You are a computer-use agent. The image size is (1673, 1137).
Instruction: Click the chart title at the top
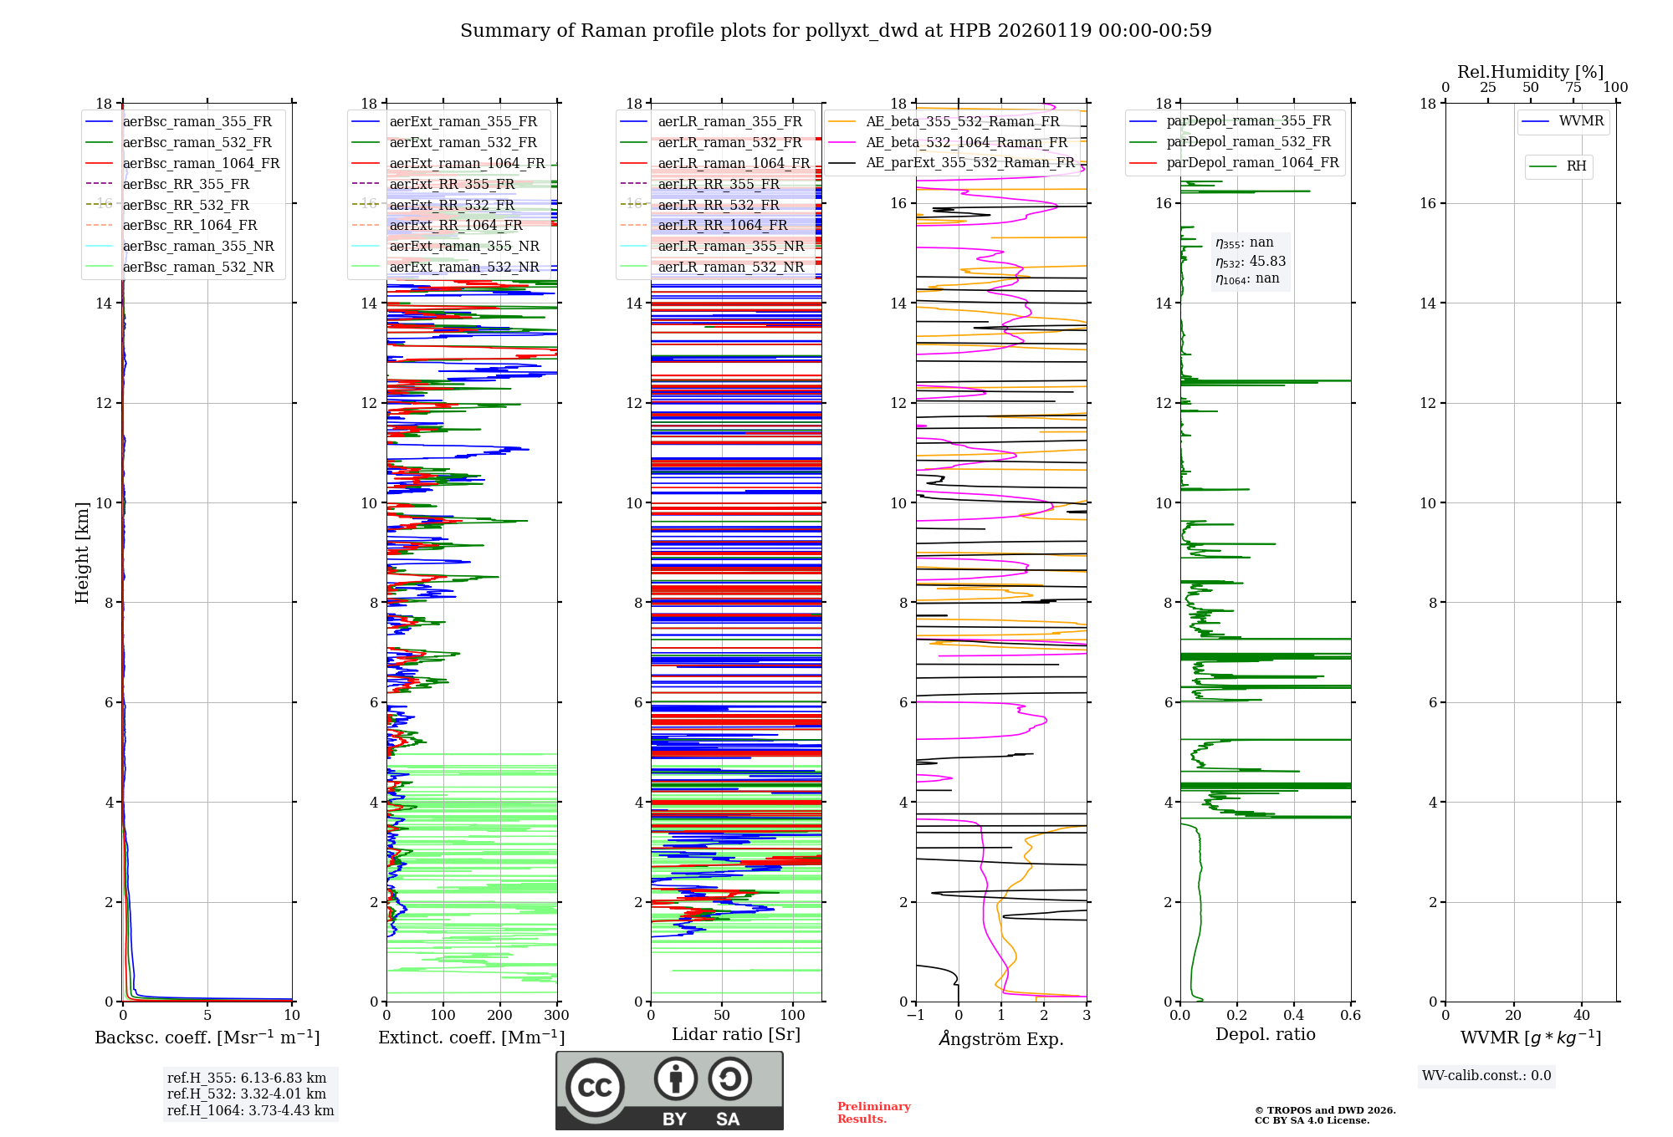tap(836, 31)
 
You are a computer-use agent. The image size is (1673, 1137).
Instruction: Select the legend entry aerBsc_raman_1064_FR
tap(201, 163)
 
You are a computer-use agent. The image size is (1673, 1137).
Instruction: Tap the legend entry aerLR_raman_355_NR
tap(730, 246)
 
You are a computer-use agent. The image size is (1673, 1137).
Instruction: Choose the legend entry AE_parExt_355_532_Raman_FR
tap(970, 162)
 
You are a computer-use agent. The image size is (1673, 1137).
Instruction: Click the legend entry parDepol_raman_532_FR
tap(1248, 141)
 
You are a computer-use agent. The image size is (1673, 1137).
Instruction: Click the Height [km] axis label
tap(82, 552)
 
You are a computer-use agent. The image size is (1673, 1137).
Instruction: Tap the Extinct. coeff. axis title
tap(472, 1038)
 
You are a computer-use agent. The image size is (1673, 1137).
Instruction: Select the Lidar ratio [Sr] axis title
tap(736, 1034)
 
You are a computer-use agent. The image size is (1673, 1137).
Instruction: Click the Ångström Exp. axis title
tap(1001, 1038)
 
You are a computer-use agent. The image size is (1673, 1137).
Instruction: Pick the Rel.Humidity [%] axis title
tap(1530, 72)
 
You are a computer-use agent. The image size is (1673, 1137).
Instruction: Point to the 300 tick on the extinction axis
tap(556, 1016)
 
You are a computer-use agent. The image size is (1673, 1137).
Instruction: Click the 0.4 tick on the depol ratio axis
tap(1294, 1016)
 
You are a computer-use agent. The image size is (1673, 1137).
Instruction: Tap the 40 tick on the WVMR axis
tap(1582, 1016)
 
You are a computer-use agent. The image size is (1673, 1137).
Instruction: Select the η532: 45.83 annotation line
tap(1251, 262)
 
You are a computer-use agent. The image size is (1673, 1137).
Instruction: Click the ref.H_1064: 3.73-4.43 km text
tap(250, 1110)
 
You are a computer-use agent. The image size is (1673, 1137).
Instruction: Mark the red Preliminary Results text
tap(873, 1113)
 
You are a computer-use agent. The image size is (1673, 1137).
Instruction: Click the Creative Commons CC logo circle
tap(595, 1088)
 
